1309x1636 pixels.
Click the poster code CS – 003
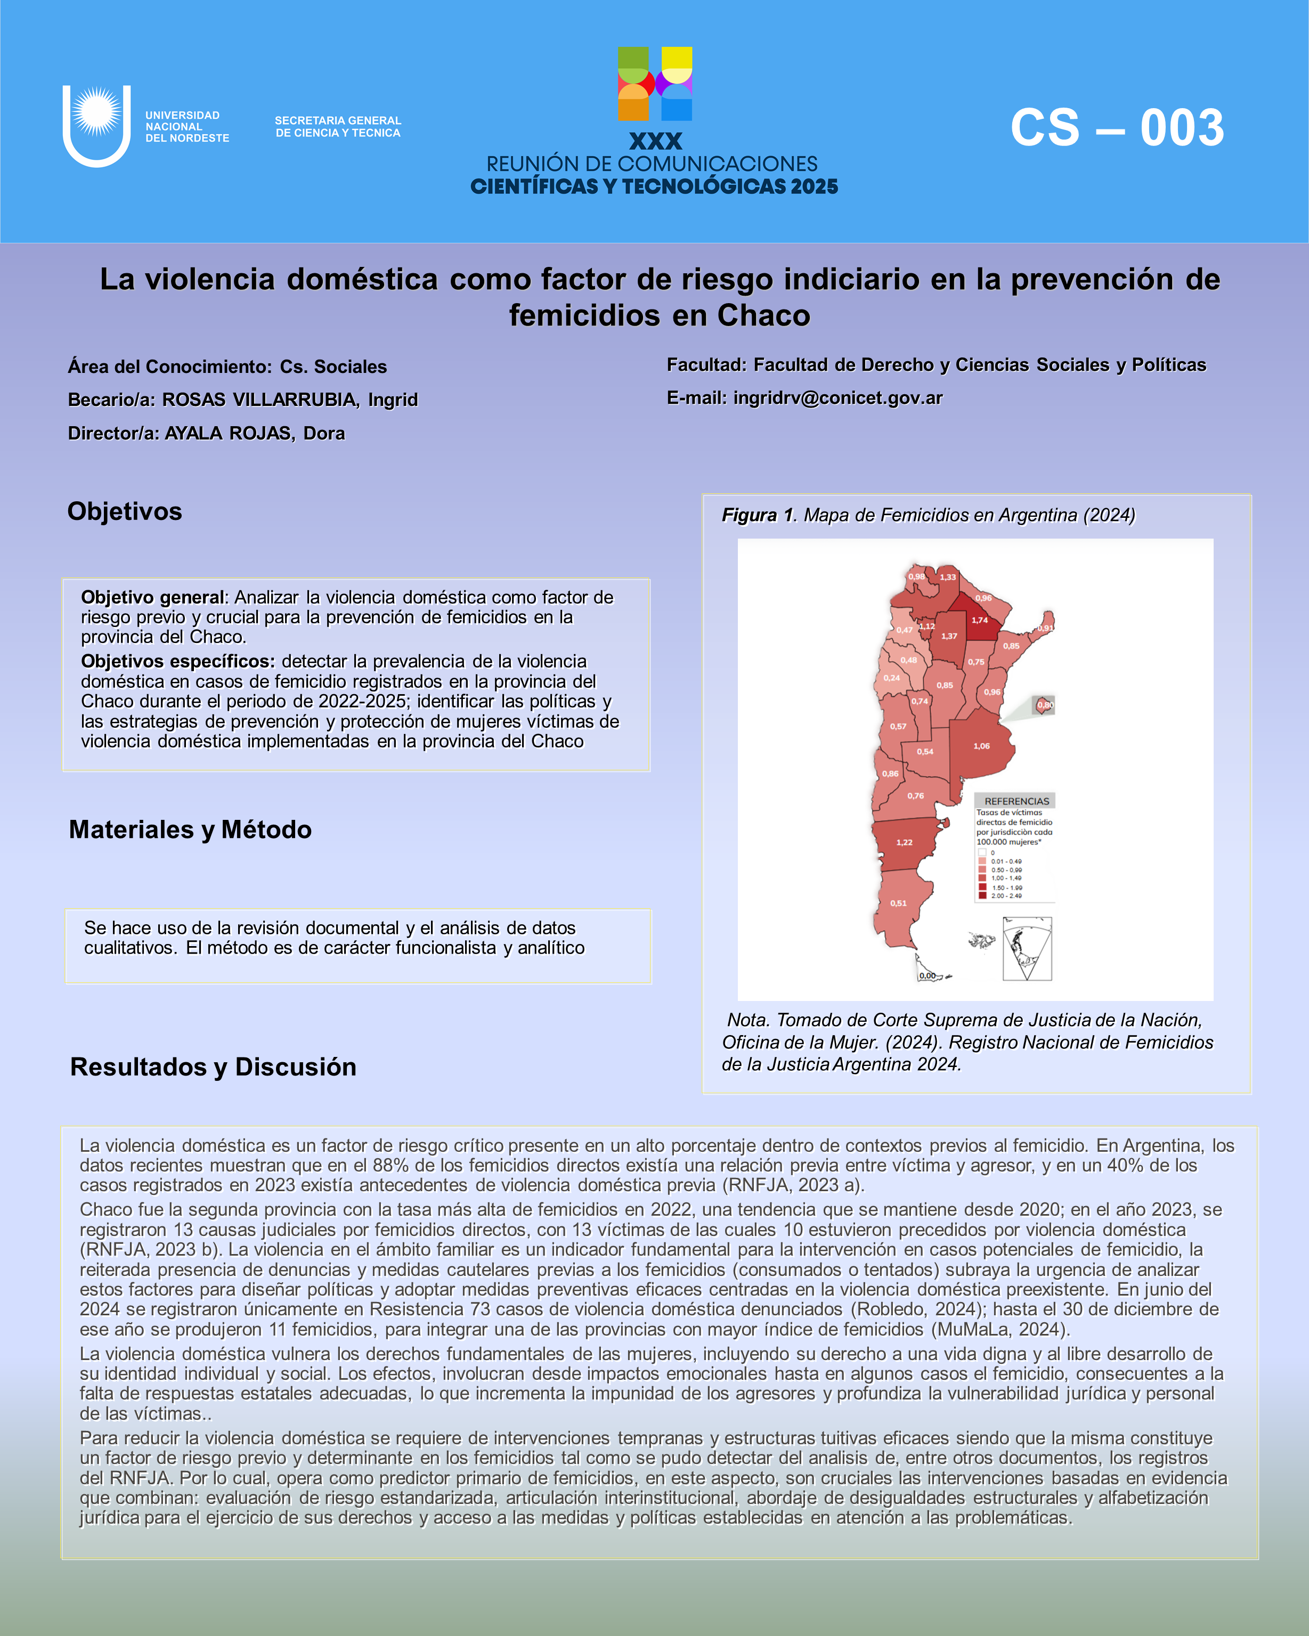1117,127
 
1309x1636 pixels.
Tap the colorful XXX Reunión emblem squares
654,84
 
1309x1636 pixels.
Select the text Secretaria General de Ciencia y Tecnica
338,127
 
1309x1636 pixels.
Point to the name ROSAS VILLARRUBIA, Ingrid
290,400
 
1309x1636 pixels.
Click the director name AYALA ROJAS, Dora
255,433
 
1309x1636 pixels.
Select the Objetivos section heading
125,511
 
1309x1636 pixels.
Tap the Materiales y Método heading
190,830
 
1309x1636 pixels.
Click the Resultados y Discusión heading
213,1067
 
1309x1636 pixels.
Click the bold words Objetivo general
153,598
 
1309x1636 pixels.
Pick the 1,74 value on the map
980,620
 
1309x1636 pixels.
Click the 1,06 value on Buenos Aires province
981,746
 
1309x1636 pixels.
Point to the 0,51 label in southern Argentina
898,903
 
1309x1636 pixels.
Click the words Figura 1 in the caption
756,515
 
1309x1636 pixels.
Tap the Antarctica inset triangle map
1027,948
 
